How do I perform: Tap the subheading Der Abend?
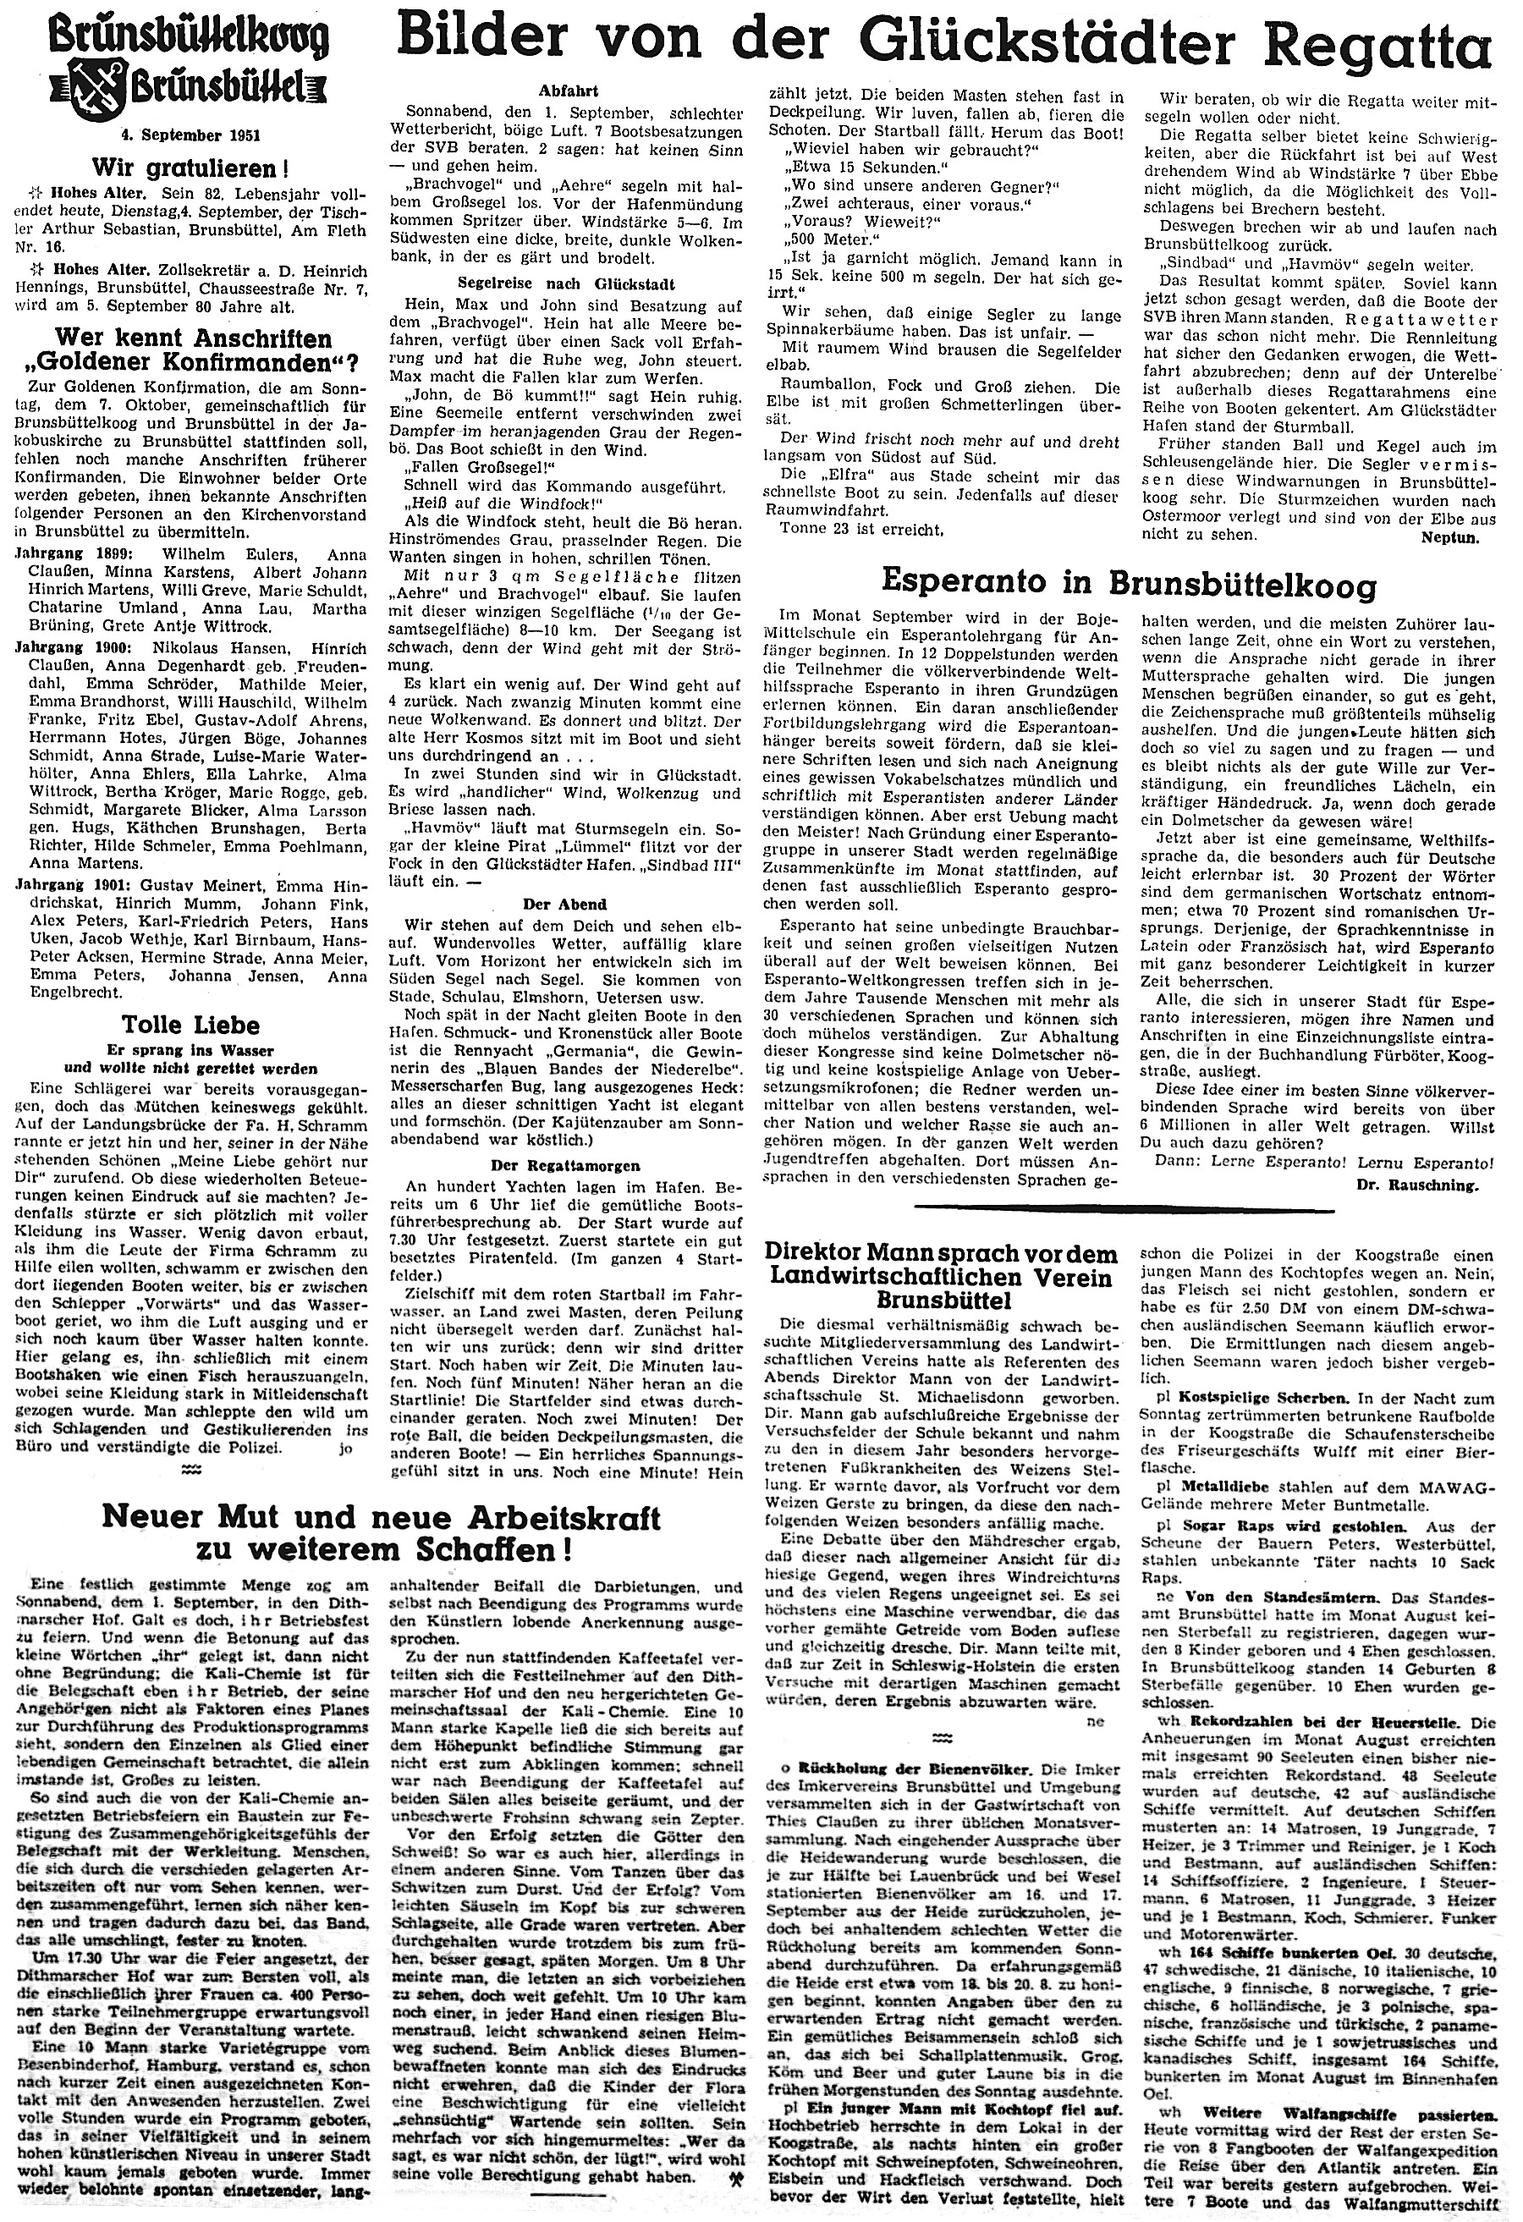tap(569, 903)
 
